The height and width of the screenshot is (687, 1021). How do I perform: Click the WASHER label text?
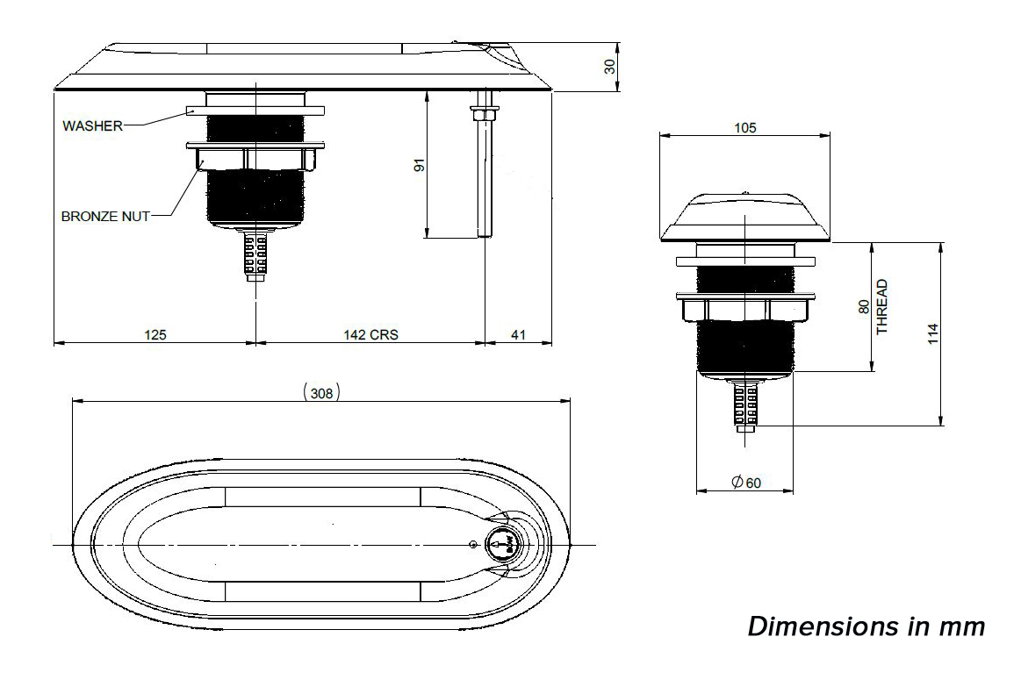click(x=92, y=125)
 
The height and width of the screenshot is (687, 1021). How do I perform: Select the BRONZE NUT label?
click(x=105, y=216)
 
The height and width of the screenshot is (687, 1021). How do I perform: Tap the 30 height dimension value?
click(x=610, y=66)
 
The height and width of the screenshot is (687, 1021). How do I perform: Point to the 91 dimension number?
click(x=419, y=165)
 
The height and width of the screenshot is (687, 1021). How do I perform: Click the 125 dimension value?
click(x=155, y=334)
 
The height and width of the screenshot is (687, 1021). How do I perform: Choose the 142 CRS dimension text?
click(x=370, y=334)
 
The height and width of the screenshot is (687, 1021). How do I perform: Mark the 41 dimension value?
click(x=519, y=334)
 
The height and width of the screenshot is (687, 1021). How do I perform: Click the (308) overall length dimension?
click(x=321, y=393)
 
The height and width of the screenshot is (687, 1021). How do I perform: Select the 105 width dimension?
click(x=744, y=127)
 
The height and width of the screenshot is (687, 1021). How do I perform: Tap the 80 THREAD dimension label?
click(x=873, y=307)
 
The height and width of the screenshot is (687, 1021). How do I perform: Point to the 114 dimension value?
click(x=932, y=333)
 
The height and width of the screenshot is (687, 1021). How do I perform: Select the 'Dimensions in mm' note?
click(x=866, y=627)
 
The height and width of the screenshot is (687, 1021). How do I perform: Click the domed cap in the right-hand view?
click(x=744, y=218)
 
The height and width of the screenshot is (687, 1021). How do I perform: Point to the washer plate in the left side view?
click(x=255, y=111)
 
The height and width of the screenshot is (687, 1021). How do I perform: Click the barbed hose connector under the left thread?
click(x=255, y=255)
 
